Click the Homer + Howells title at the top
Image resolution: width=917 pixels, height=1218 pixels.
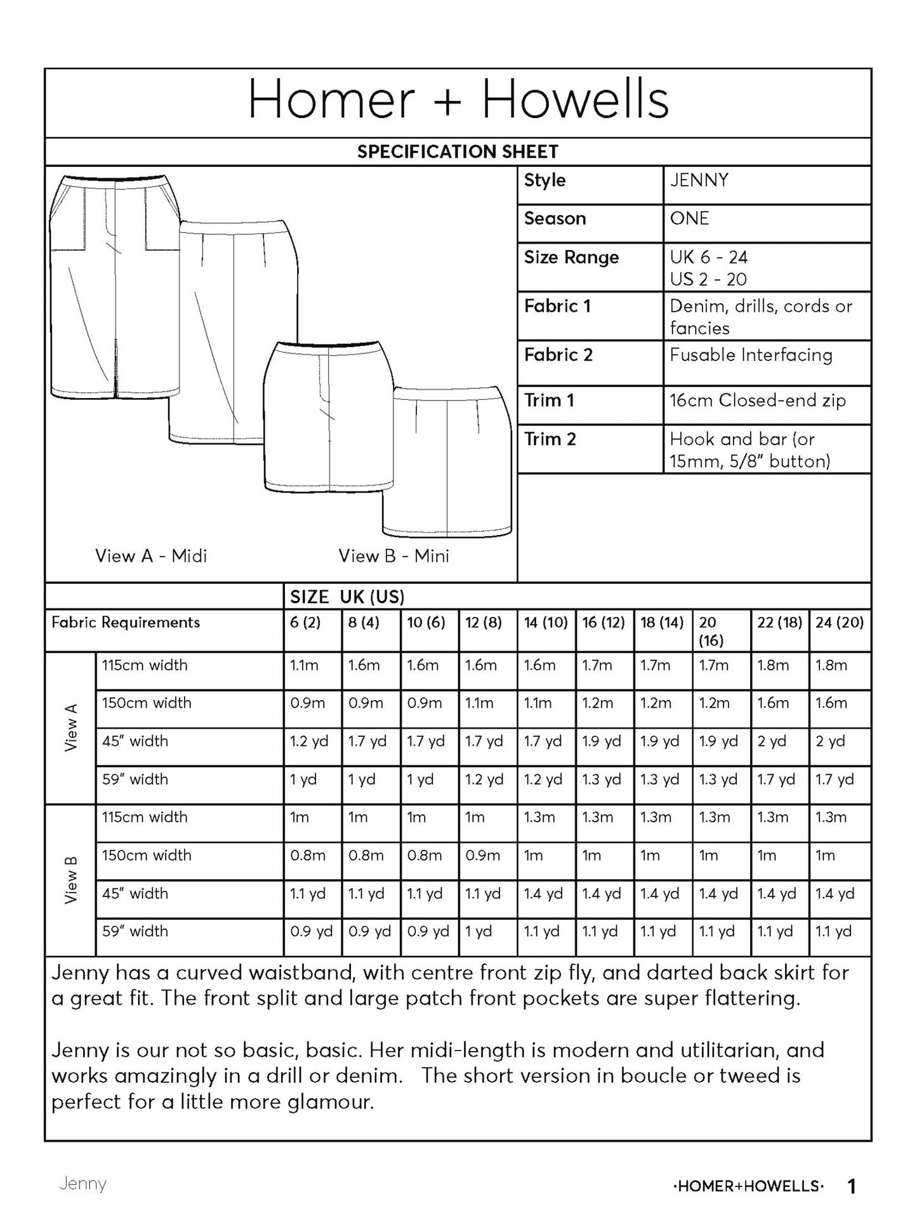tap(458, 100)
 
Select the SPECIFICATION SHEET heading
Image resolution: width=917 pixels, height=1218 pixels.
tap(458, 152)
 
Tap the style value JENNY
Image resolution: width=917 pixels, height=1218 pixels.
tap(699, 180)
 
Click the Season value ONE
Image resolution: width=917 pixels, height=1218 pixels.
tap(689, 218)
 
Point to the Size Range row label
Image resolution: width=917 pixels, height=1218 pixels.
tap(571, 257)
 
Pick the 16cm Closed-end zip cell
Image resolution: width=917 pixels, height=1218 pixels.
tap(758, 400)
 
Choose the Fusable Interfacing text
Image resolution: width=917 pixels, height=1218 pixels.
tap(751, 355)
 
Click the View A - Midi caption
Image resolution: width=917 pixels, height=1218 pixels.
tap(151, 556)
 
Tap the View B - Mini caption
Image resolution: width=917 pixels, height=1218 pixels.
tap(393, 556)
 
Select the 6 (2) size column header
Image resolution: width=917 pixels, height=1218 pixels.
tap(305, 623)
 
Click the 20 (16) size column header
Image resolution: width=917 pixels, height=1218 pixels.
tap(711, 631)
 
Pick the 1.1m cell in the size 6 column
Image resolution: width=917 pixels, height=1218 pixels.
tap(304, 665)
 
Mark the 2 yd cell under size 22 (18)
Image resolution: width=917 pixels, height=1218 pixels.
tap(772, 741)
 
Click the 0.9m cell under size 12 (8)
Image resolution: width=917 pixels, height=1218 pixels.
tap(482, 856)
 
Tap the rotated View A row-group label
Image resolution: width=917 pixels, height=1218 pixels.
tap(70, 727)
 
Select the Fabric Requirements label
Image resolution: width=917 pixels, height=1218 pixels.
tap(126, 623)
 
